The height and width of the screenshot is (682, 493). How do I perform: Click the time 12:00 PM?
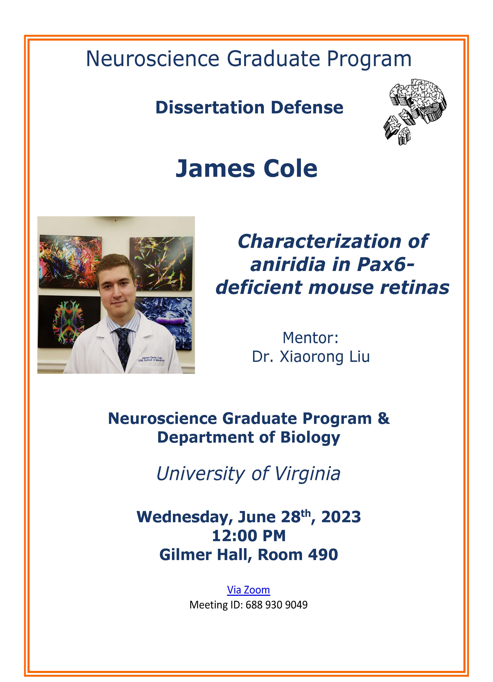tap(249, 536)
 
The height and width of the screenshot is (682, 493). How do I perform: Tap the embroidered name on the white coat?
tap(151, 359)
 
